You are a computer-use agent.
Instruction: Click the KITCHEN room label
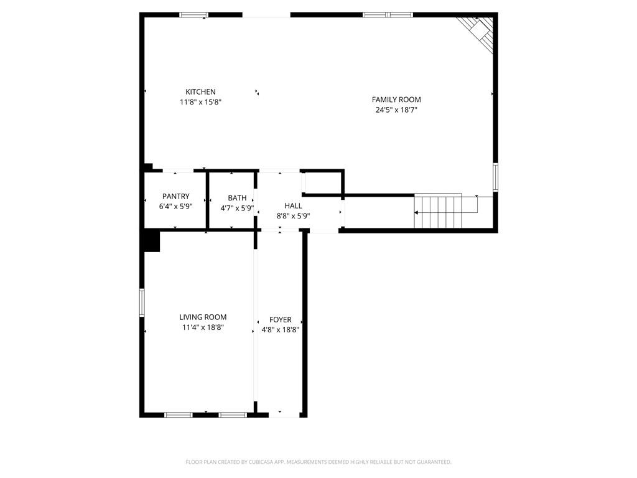coord(200,92)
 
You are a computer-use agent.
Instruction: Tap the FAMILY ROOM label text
coord(396,100)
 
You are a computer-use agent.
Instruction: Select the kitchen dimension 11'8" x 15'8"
coord(200,102)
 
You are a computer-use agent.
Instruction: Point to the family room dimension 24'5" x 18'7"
coord(396,110)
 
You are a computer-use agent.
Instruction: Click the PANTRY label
coord(175,197)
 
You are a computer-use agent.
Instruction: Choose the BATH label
coord(237,199)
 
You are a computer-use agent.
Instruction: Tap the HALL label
coord(293,206)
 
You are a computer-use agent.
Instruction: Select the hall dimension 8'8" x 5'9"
coord(293,216)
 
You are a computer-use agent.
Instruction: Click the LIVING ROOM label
coord(203,317)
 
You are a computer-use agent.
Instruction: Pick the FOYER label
coord(280,320)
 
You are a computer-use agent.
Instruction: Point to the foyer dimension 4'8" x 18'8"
coord(280,330)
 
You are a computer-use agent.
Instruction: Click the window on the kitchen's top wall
coord(193,15)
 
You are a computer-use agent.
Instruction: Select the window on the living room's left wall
coord(142,302)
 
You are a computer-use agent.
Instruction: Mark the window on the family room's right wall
coord(496,177)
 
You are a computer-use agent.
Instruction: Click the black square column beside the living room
coord(151,241)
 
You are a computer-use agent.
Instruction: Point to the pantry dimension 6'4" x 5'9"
coord(175,207)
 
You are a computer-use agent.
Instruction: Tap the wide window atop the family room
coord(388,15)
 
